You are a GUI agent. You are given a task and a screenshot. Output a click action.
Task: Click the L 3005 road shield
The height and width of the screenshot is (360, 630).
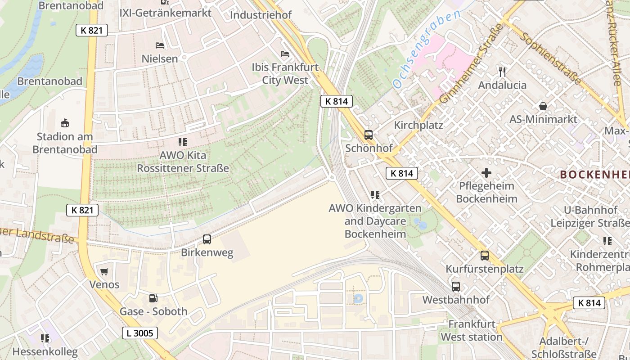click(x=140, y=333)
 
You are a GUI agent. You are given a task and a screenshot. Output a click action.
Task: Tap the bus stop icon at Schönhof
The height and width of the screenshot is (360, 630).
click(x=368, y=135)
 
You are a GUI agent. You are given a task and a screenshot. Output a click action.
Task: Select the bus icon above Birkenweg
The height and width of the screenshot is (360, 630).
click(x=207, y=239)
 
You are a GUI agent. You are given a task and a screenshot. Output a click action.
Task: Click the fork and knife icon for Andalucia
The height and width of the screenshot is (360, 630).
click(x=502, y=72)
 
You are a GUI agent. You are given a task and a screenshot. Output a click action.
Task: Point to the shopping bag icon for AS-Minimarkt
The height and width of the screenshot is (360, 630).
click(x=543, y=106)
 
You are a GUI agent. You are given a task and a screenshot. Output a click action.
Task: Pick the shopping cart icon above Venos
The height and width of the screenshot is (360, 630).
click(x=104, y=271)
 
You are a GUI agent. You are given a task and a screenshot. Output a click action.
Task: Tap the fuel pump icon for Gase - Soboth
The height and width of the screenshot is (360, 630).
click(x=153, y=298)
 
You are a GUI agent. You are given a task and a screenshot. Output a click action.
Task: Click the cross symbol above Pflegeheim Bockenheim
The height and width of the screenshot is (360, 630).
click(x=486, y=172)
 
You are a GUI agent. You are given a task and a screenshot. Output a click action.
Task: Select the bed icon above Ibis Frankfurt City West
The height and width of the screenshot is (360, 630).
click(x=285, y=54)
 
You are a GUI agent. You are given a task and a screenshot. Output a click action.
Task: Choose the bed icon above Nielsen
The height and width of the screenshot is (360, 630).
click(x=159, y=45)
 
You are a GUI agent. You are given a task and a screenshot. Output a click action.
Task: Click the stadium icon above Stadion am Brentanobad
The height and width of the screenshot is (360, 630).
click(x=65, y=123)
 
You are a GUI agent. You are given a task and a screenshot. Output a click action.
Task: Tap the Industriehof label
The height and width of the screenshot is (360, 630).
click(x=261, y=15)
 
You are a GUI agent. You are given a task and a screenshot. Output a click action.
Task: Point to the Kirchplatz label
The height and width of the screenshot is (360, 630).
click(x=418, y=125)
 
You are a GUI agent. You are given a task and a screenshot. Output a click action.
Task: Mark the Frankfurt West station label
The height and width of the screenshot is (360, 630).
click(x=471, y=330)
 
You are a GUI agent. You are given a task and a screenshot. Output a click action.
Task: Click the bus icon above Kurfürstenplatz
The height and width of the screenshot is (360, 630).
click(x=484, y=256)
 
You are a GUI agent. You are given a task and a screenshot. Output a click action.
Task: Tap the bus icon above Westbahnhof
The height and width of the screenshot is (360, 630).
click(x=455, y=287)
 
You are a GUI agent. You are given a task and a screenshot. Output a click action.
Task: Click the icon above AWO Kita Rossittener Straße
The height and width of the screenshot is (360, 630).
click(x=183, y=142)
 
